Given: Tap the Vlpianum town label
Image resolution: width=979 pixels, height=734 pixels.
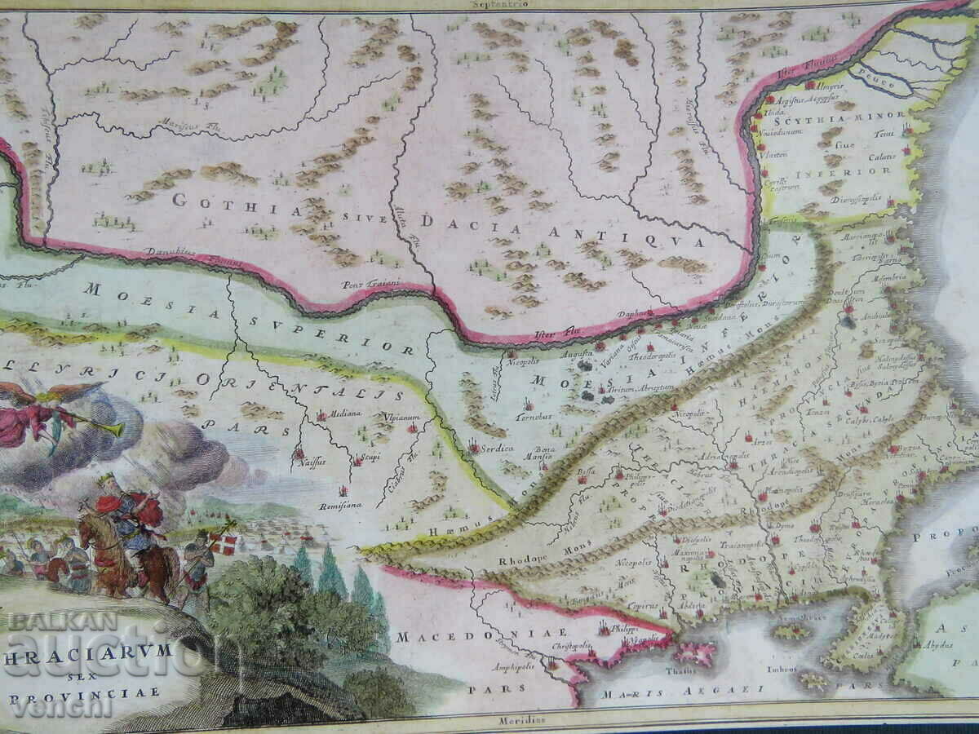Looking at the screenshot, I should (x=400, y=418).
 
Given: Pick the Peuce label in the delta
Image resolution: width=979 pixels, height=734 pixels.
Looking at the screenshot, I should (x=880, y=83).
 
